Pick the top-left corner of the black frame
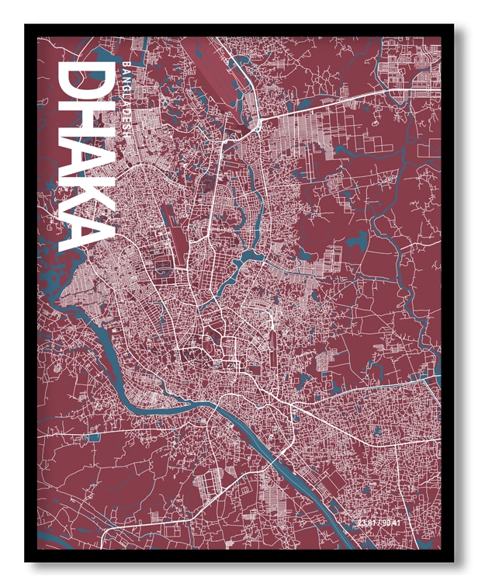click(26, 25)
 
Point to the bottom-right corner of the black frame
click(453, 561)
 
